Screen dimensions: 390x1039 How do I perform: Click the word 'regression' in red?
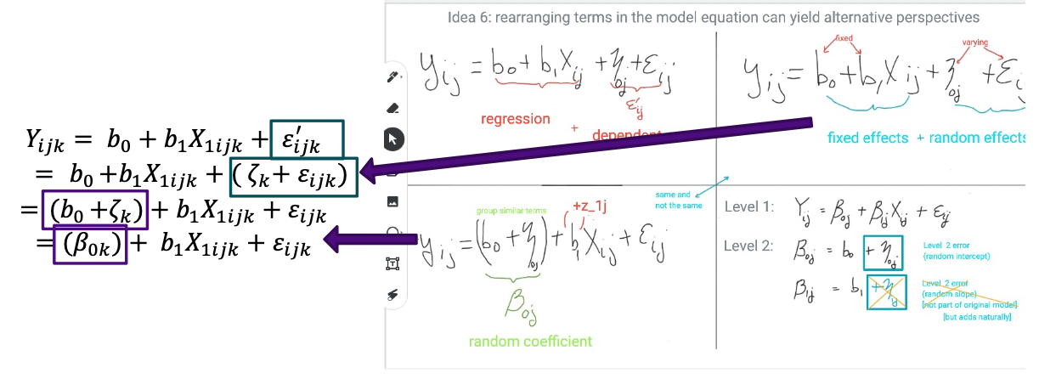tap(516, 119)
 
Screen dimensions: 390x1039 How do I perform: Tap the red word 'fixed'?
tap(844, 39)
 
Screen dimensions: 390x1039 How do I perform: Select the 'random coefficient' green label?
tap(530, 342)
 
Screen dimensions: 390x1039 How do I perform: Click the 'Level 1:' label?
tap(748, 207)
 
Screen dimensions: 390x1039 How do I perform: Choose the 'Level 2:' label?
tap(748, 246)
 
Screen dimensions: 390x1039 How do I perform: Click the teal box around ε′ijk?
tap(307, 138)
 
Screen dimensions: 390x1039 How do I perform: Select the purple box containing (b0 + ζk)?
tap(95, 209)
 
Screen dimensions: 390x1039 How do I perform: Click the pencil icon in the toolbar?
tap(393, 77)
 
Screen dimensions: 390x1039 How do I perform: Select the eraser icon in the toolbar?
tap(393, 108)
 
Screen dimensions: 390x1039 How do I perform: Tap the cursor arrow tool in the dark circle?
tap(393, 138)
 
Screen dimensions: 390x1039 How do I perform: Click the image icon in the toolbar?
tap(393, 201)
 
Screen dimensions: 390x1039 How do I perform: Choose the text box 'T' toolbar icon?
tap(393, 263)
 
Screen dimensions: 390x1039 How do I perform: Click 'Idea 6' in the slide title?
tap(468, 17)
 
